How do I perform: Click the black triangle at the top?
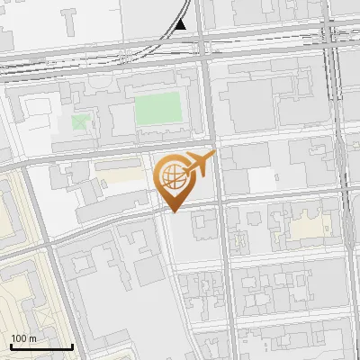click(x=181, y=24)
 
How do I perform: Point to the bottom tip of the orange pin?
click(x=174, y=211)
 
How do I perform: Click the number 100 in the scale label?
click(x=19, y=338)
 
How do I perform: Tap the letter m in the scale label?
click(x=32, y=338)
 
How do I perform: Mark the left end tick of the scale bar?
click(x=10, y=346)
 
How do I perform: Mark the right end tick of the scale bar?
click(x=72, y=346)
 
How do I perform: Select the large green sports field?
click(x=158, y=111)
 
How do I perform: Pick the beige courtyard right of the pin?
click(x=310, y=226)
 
